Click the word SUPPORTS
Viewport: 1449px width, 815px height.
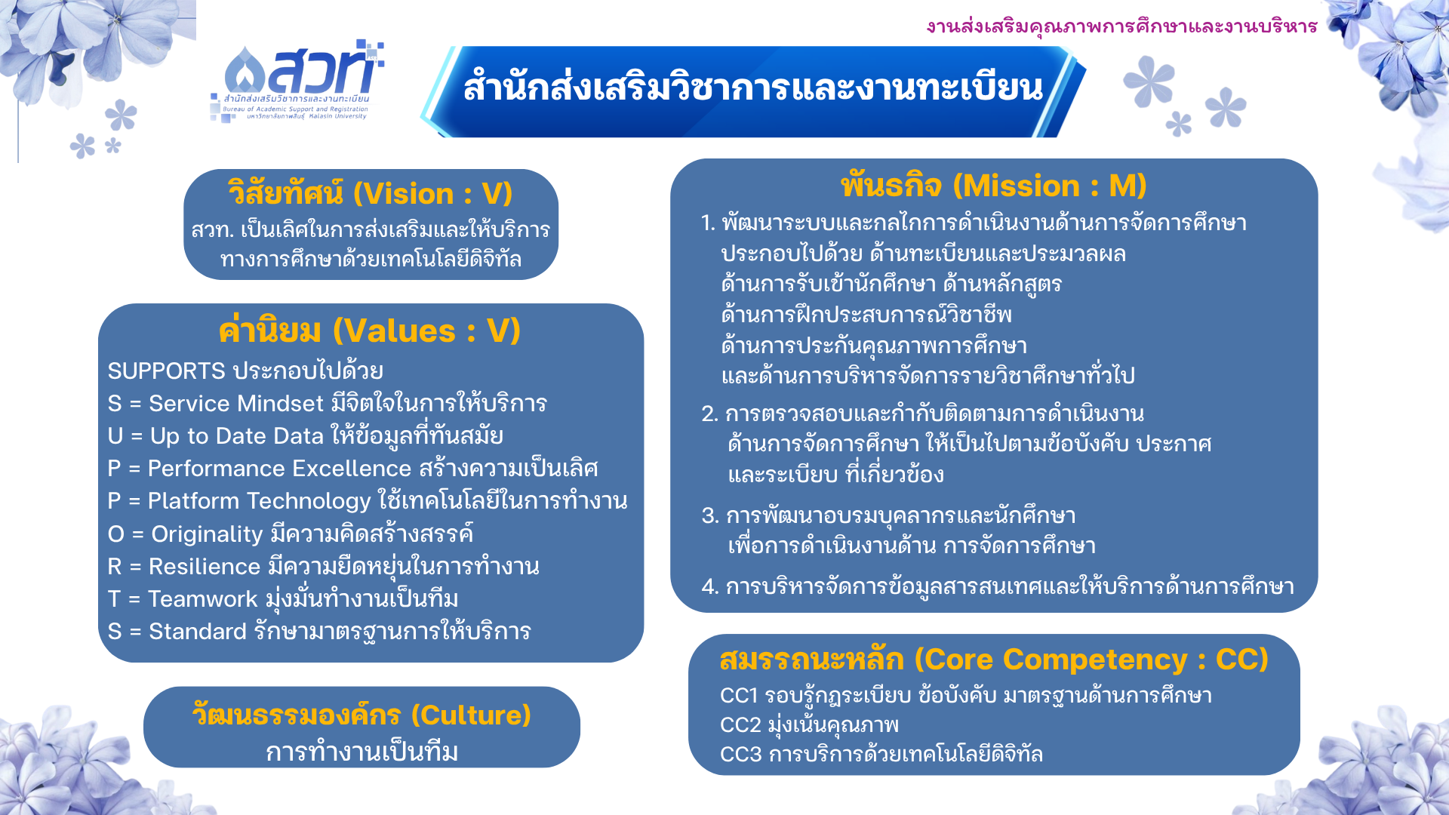[x=166, y=371]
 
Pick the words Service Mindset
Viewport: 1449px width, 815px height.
[x=236, y=404]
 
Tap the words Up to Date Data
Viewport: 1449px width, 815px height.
[x=237, y=436]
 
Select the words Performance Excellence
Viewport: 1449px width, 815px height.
[x=279, y=469]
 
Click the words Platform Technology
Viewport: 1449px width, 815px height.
[x=259, y=501]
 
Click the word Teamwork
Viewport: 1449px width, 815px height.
[x=202, y=599]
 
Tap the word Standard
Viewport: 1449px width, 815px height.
[x=198, y=632]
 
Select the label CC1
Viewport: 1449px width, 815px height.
[x=738, y=695]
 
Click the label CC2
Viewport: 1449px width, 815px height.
[x=740, y=724]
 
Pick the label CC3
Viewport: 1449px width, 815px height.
[x=740, y=754]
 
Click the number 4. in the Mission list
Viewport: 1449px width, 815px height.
[x=709, y=586]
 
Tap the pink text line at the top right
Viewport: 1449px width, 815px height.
[x=1121, y=26]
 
